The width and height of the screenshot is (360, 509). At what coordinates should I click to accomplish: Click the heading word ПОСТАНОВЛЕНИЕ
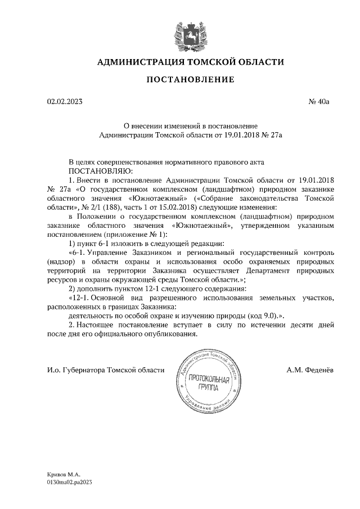(x=190, y=79)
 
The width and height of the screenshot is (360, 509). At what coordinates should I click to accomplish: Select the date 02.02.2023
(x=65, y=102)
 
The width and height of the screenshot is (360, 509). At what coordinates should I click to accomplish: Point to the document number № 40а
(x=318, y=102)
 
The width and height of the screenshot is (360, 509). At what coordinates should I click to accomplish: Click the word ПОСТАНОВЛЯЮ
(x=100, y=170)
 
